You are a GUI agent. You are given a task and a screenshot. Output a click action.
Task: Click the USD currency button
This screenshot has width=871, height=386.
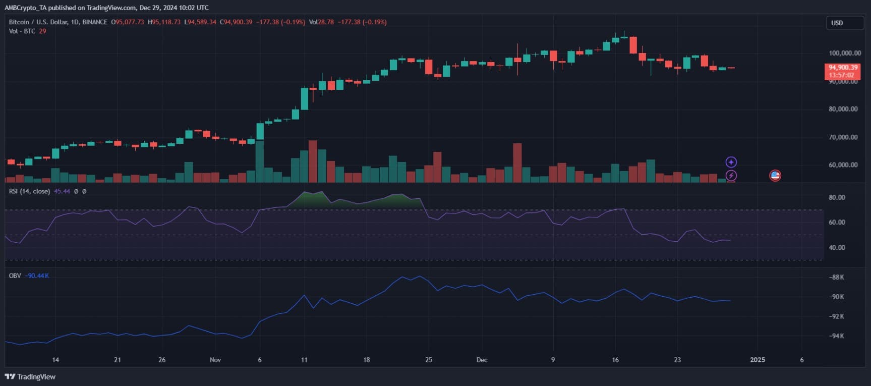[837, 23]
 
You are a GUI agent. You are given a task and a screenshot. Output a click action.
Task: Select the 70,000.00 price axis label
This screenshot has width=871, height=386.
[843, 137]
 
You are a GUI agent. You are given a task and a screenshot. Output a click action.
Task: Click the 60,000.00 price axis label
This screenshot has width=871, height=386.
[843, 164]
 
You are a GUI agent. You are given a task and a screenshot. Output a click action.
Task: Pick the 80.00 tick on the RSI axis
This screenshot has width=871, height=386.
[837, 197]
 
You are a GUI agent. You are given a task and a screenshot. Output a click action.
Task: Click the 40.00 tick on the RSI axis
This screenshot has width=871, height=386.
[837, 247]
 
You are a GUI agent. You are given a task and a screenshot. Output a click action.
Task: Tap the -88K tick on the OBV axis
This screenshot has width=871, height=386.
[837, 277]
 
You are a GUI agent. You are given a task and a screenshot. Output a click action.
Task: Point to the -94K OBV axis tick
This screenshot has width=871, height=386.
[837, 336]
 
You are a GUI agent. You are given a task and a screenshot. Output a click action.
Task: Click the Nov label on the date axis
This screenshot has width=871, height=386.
[215, 360]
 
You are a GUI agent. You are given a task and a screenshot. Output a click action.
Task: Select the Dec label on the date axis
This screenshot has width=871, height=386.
[482, 360]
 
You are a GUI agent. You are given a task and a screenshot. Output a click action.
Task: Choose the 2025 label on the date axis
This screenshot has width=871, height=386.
[758, 360]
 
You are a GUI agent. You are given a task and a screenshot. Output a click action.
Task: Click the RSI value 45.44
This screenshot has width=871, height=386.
[62, 191]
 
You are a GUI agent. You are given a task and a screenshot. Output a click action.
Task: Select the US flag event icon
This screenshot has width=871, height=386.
[775, 176]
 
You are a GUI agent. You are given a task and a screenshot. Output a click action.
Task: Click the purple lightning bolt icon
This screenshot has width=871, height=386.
[731, 176]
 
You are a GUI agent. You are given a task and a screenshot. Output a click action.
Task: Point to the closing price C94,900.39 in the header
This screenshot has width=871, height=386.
[236, 22]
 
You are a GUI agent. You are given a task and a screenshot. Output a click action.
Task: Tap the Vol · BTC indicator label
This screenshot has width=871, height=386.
[22, 31]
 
